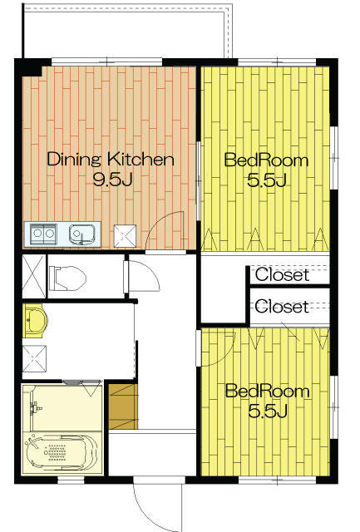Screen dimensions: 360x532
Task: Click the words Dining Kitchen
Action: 111,159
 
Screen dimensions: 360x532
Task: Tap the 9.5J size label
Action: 112,180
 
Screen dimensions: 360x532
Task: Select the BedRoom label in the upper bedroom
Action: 266,160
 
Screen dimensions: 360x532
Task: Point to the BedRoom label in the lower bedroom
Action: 268,392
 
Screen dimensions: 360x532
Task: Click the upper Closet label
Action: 283,274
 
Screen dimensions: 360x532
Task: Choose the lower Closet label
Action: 282,307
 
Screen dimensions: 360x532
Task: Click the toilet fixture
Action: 67,278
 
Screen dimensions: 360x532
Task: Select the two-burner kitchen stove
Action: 43,234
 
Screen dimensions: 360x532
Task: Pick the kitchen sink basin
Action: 81,234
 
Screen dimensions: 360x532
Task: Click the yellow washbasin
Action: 35,321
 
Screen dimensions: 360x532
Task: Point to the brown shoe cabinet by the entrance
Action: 124,406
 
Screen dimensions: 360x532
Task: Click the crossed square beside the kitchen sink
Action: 125,236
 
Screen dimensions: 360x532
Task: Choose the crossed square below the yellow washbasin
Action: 34,358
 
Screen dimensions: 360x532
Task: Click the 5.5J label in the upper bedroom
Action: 267,180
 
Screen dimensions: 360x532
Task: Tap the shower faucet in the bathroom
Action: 35,406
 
